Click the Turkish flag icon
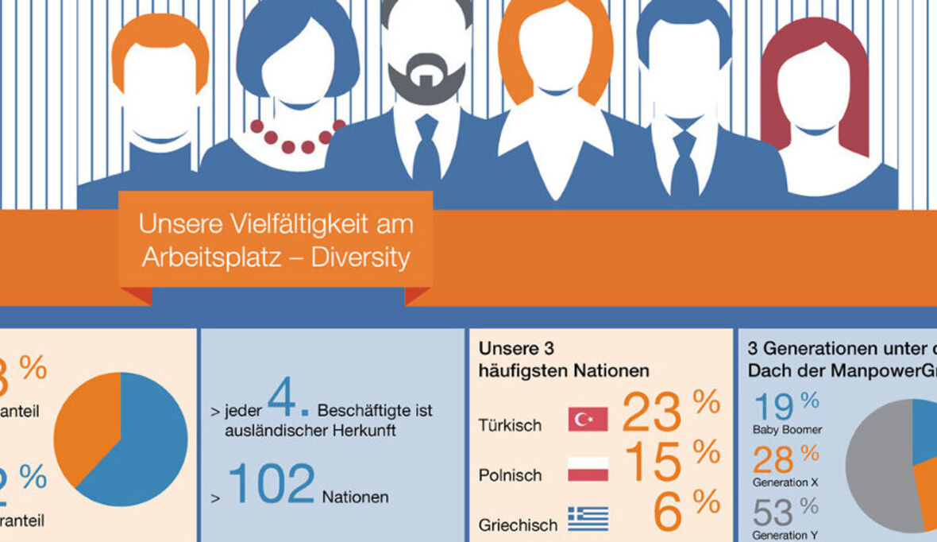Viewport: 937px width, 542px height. coord(588,419)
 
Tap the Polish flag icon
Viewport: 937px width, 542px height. coord(588,469)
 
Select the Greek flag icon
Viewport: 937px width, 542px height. coord(588,518)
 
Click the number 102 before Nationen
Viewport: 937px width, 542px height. coord(272,485)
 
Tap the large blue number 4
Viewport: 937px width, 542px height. coord(283,400)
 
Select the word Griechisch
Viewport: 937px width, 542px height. coord(518,525)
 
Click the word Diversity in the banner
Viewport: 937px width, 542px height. coord(361,257)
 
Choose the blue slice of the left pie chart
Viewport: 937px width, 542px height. coord(147,445)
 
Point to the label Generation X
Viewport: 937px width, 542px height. coord(785,482)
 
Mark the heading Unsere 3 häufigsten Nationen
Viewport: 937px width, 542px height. coord(564,359)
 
